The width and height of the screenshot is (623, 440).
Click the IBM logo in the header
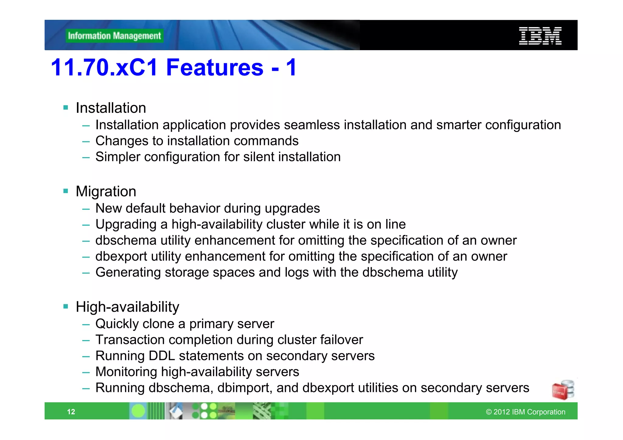pyautogui.click(x=540, y=36)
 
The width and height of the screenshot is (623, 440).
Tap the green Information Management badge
pyautogui.click(x=114, y=36)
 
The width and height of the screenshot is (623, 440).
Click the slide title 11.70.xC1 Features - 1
pyautogui.click(x=174, y=67)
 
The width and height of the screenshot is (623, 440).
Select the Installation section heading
pyautogui.click(x=111, y=108)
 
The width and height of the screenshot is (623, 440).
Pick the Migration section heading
pyautogui.click(x=106, y=192)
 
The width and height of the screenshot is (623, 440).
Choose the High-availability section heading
pyautogui.click(x=127, y=307)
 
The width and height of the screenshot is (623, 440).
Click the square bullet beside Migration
pyautogui.click(x=66, y=191)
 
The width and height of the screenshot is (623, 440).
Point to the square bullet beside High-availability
pyautogui.click(x=66, y=306)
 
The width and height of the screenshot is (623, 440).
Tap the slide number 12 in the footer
pyautogui.click(x=71, y=412)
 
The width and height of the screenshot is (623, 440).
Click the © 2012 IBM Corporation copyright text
pyautogui.click(x=525, y=412)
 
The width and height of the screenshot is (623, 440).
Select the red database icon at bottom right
pyautogui.click(x=563, y=390)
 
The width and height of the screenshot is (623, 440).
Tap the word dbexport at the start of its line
pyautogui.click(x=121, y=257)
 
